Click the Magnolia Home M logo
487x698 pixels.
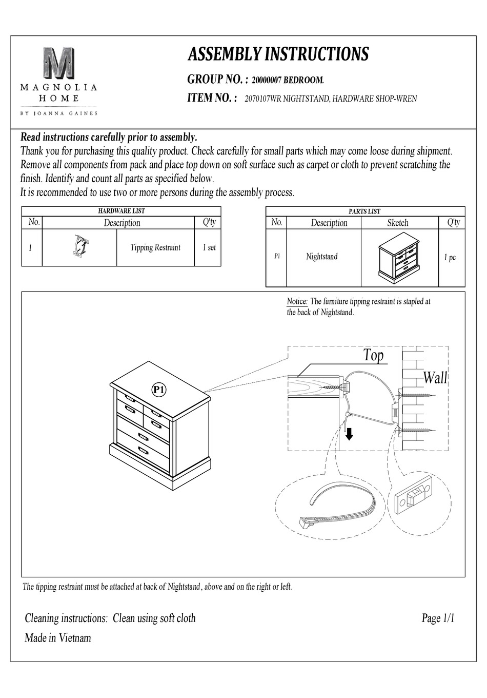[59, 63]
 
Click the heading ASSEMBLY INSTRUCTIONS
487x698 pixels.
[278, 54]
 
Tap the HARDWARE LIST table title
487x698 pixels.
[121, 210]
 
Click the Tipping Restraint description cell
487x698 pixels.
[155, 247]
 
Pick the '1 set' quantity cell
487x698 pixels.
[208, 247]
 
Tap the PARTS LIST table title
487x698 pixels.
[364, 211]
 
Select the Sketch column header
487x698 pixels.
[398, 223]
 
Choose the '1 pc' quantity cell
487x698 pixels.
[450, 257]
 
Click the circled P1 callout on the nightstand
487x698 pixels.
[159, 390]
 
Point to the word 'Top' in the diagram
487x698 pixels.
[373, 355]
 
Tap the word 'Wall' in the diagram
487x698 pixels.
[435, 378]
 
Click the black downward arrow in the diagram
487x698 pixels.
[349, 434]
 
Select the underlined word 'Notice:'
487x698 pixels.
[297, 302]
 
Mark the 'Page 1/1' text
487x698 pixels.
[438, 618]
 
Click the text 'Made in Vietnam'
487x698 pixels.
[58, 638]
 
